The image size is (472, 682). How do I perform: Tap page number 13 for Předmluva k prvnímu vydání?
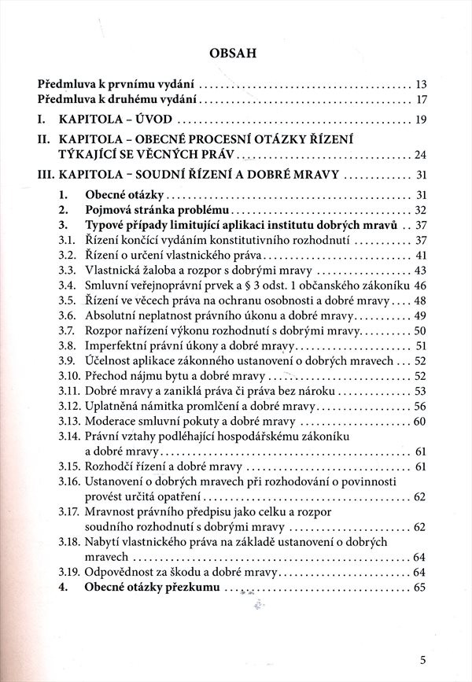(x=420, y=83)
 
